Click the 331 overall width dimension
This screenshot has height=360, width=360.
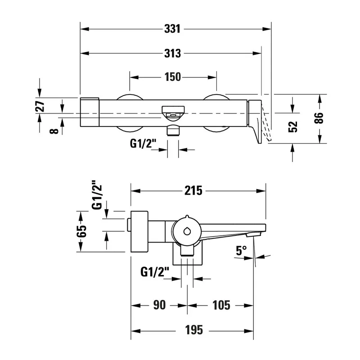coord(172,29)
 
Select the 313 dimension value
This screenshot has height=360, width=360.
coord(172,54)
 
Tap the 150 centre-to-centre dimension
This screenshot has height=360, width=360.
coord(173,77)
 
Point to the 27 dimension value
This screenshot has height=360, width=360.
coord(40,106)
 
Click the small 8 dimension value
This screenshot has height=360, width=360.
coord(54,131)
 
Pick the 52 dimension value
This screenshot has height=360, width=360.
coord(293,127)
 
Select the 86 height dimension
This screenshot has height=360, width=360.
coord(319,118)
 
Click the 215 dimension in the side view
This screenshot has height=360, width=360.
coord(193,191)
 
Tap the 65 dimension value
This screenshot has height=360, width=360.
coord(82,231)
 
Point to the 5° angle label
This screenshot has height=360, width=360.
coord(241,251)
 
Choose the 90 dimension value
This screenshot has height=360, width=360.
coord(159,305)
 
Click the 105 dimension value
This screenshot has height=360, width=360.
coord(221,306)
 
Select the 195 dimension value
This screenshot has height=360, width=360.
coord(194,330)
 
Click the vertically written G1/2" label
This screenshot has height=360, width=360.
coord(97,195)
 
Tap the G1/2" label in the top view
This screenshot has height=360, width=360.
coord(143,144)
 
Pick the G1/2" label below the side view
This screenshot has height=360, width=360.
coord(155,272)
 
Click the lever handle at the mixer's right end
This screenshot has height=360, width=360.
coord(255,121)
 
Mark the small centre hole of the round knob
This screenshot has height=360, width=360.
coord(187,231)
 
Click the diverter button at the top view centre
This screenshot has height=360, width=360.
coord(173,113)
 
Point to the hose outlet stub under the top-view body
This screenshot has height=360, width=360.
coord(173,130)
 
